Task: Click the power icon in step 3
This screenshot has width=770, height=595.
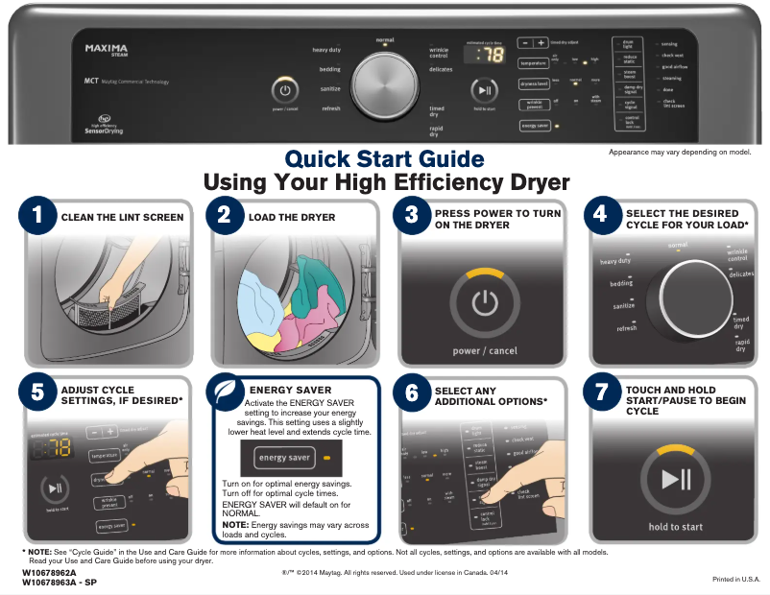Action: (486, 304)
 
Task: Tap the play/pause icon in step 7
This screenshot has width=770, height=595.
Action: (675, 479)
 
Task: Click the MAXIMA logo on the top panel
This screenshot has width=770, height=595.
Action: (107, 48)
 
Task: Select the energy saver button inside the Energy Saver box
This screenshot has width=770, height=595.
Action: (284, 458)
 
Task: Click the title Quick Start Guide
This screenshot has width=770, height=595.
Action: (384, 158)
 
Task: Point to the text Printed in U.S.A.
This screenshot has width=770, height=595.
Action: (735, 579)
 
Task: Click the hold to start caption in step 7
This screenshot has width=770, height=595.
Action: (675, 527)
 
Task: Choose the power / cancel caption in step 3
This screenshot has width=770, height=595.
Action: (485, 351)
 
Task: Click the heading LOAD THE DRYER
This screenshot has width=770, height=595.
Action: (292, 218)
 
